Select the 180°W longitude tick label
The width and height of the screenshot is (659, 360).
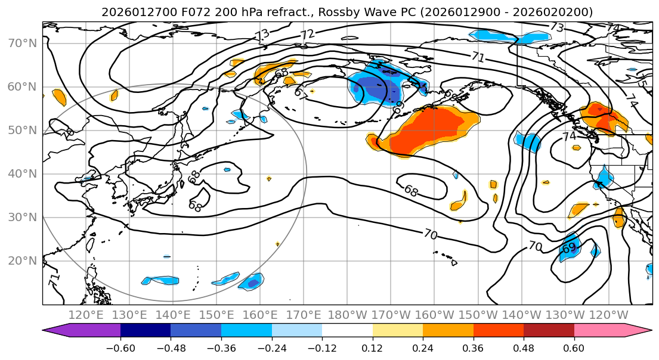[x=347, y=315]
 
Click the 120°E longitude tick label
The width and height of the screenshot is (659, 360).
[x=86, y=315]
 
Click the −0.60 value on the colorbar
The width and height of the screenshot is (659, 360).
[x=120, y=347]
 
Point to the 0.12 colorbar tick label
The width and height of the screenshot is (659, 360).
[x=373, y=347]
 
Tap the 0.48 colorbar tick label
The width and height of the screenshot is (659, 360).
[x=524, y=347]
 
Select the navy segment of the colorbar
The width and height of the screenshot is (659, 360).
[x=146, y=331]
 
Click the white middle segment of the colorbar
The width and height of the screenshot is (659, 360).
[x=347, y=331]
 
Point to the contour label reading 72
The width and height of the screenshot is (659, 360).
[x=307, y=35]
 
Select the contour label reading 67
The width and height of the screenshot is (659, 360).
[x=302, y=93]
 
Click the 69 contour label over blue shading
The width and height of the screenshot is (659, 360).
[x=569, y=247]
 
